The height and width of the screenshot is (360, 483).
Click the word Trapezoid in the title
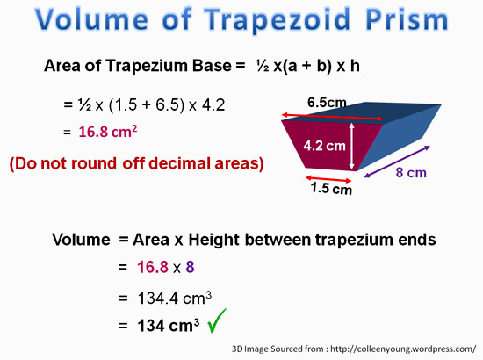click(x=277, y=20)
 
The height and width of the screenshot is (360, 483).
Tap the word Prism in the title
click(x=407, y=20)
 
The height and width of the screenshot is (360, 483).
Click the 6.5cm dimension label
click(x=327, y=102)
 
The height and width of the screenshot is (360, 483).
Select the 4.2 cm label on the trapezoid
click(x=324, y=146)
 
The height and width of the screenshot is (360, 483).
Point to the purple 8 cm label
click(x=411, y=173)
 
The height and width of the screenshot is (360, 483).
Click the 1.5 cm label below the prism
click(x=331, y=188)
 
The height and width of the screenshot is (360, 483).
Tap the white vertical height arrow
click(x=352, y=146)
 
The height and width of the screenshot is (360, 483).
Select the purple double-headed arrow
click(x=397, y=162)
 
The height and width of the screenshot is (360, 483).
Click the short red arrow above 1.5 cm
click(x=328, y=179)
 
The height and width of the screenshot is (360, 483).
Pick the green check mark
click(x=217, y=320)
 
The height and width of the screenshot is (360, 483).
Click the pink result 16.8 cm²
click(x=108, y=132)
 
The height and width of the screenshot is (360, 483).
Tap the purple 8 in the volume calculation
click(x=190, y=267)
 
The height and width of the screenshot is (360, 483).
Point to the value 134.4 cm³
click(x=175, y=298)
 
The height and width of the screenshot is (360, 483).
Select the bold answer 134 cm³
click(x=169, y=325)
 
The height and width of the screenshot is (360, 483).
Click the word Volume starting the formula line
click(x=81, y=240)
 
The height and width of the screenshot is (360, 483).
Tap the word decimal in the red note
click(x=189, y=163)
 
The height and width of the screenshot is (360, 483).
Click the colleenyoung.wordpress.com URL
click(x=403, y=349)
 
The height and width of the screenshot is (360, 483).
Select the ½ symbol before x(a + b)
click(x=263, y=66)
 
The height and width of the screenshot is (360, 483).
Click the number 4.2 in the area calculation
click(x=213, y=104)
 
